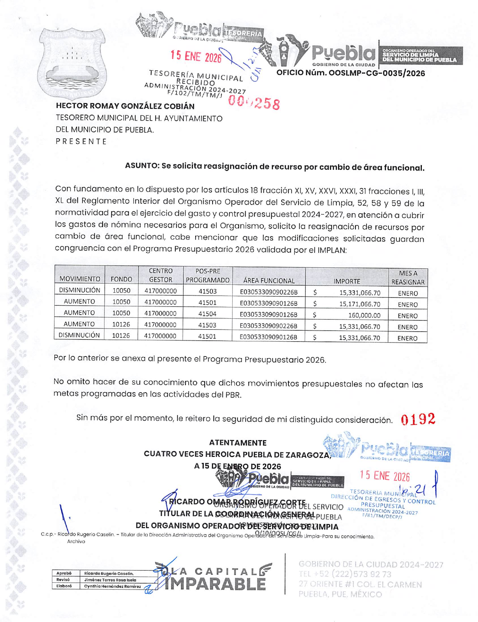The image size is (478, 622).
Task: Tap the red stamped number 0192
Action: (x=418, y=419)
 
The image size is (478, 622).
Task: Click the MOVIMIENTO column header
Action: (x=80, y=279)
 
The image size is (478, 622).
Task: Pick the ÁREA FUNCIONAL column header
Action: (x=269, y=281)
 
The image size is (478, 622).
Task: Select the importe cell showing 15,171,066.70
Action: (x=360, y=304)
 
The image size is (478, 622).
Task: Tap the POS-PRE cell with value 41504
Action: (x=207, y=314)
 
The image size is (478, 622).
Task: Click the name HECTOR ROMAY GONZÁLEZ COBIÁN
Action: (x=125, y=106)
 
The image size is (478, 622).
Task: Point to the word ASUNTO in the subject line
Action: (x=141, y=166)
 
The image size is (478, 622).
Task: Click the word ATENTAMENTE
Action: (x=237, y=443)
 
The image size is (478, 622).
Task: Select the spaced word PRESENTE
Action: (x=81, y=141)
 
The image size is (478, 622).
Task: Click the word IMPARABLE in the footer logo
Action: (x=215, y=584)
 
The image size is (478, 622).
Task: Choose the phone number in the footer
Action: (x=345, y=574)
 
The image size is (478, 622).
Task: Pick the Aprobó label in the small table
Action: (x=64, y=573)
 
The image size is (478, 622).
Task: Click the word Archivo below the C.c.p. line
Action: (x=76, y=541)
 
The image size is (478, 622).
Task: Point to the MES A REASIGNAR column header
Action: (x=408, y=278)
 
